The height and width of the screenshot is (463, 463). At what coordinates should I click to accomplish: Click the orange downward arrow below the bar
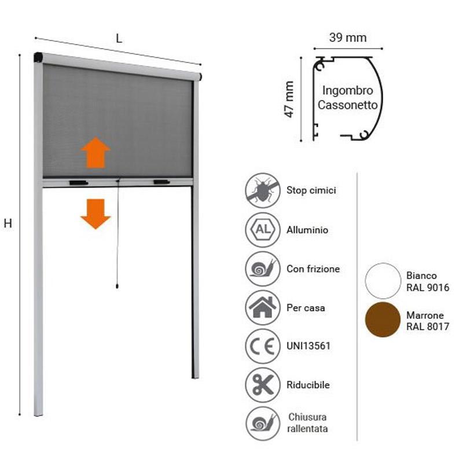pos(95,214)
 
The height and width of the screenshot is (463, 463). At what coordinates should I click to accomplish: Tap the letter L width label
pos(119,39)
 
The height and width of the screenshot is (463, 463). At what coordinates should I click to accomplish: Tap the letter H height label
pos(8,224)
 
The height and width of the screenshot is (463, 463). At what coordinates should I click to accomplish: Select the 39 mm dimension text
pos(348,38)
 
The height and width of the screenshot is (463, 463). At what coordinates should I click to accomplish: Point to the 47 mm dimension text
pos(289,99)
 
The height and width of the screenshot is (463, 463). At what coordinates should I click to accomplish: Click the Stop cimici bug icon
pos(263,190)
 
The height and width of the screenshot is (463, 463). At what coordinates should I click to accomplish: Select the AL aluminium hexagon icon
pos(263,230)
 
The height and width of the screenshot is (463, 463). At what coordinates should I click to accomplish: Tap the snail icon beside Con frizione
pos(263,269)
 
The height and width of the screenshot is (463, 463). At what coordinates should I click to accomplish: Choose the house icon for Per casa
pos(263,307)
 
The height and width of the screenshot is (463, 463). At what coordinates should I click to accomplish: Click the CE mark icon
pos(263,346)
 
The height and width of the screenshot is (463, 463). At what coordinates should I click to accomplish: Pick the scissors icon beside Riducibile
pos(263,385)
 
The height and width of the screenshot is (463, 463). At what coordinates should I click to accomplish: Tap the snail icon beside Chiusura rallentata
pos(263,424)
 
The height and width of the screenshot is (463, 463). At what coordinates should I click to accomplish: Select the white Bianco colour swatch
pos(383,281)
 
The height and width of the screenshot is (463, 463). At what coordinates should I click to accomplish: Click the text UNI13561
pos(308,346)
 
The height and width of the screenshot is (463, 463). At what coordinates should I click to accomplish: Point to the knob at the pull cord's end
pos(117,286)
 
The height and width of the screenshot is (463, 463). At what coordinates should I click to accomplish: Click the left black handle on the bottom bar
pos(78,183)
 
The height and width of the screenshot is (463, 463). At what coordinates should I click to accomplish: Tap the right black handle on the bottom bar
pos(161,182)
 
